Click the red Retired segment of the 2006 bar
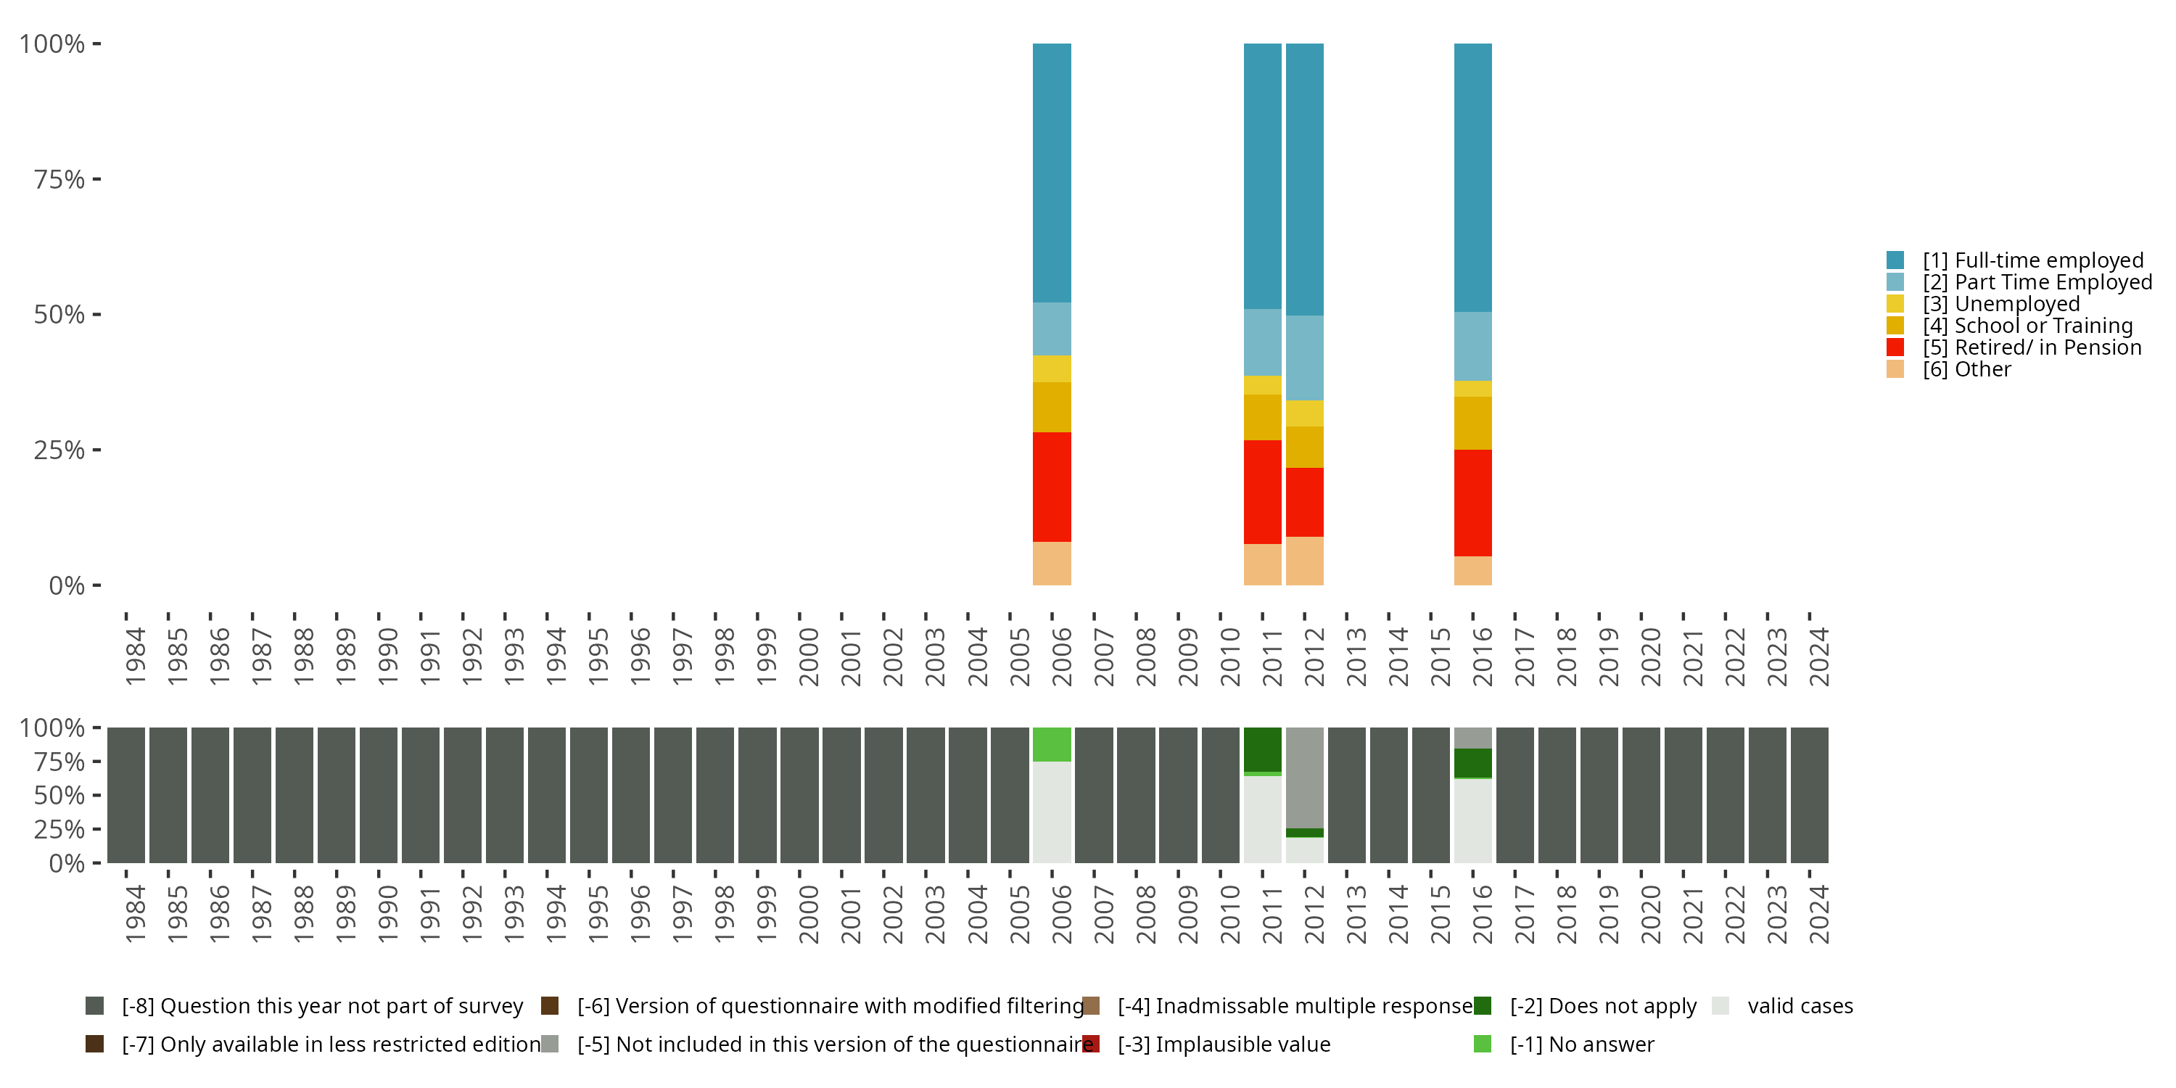[x=1052, y=487]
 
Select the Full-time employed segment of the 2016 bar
[x=1472, y=178]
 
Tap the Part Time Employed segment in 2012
[x=1304, y=358]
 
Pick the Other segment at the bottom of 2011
[x=1262, y=564]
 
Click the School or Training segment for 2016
[x=1472, y=422]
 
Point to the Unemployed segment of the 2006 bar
[x=1052, y=368]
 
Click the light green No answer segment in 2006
[x=1052, y=744]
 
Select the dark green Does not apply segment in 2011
[x=1262, y=749]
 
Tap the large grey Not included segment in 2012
[x=1304, y=777]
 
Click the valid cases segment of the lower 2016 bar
[x=1472, y=820]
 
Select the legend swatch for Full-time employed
[x=1895, y=260]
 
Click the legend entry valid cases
[x=1800, y=1006]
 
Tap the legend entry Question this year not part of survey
[x=322, y=1006]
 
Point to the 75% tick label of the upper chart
[x=59, y=179]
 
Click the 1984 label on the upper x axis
[x=135, y=656]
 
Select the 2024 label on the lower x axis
[x=1818, y=914]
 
